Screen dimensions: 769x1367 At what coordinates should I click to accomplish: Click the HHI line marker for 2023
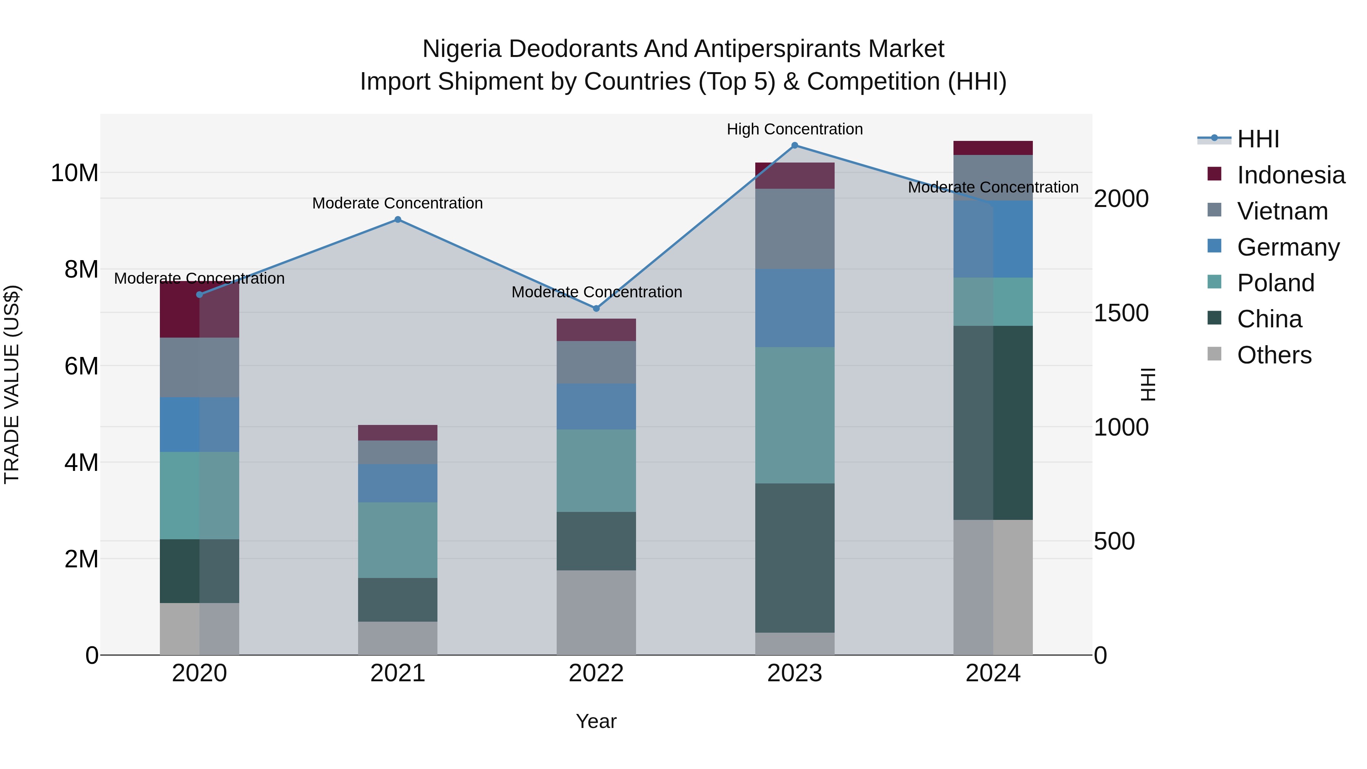794,145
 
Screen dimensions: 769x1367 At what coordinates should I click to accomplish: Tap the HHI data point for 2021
398,220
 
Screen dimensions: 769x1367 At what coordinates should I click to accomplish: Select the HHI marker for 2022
596,308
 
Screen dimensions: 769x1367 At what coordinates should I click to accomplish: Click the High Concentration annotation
794,129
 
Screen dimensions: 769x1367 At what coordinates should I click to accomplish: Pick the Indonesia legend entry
1291,175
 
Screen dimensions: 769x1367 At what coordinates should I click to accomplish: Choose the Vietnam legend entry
1282,211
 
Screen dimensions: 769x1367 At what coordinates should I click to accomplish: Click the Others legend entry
1274,355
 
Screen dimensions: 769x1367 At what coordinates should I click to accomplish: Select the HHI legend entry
1258,139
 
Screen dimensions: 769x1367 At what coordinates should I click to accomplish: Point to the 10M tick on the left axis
74,173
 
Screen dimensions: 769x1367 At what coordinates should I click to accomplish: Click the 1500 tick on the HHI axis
1121,313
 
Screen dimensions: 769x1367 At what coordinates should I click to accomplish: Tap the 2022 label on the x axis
596,673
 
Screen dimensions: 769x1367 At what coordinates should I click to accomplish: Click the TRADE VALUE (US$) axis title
12,384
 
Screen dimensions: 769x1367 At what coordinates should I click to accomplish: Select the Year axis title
596,721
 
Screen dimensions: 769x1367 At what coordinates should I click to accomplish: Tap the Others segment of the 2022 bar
596,613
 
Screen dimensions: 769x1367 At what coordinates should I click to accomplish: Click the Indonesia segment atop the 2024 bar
993,148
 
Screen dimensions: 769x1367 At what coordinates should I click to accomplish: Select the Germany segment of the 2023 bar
794,308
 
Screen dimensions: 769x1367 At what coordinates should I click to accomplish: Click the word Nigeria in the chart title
461,49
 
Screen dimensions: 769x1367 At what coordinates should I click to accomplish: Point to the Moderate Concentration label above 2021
398,203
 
